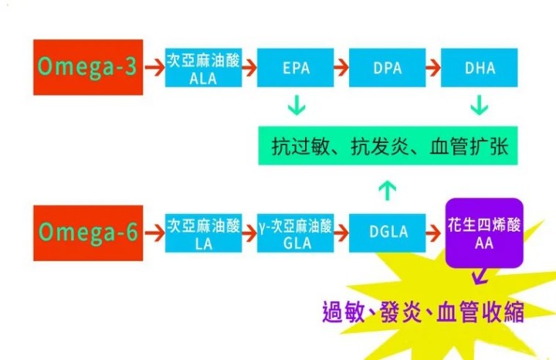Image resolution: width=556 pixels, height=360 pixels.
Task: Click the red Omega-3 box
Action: [x=88, y=67]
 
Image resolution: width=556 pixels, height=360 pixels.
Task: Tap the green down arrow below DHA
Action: [x=480, y=104]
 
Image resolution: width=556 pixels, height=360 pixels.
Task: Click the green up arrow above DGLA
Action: [x=388, y=188]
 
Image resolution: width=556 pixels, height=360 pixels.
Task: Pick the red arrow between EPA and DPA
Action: [x=341, y=67]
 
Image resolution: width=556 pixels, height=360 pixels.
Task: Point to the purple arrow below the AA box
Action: [x=479, y=276]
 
